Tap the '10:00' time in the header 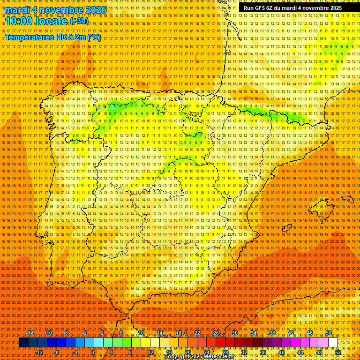point(18,21)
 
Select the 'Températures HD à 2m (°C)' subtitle point(52,37)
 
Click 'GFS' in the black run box point(261,8)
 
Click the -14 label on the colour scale point(30,333)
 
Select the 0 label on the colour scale point(93,352)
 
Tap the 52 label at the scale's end point(338,352)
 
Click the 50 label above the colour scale point(329,333)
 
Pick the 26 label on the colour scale point(216,333)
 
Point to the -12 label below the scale point(39,352)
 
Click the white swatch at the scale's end point(333,343)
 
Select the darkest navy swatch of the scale point(23,343)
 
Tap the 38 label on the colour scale point(272,333)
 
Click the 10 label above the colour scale point(141,333)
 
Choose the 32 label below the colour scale point(244,352)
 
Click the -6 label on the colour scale point(67,333)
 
